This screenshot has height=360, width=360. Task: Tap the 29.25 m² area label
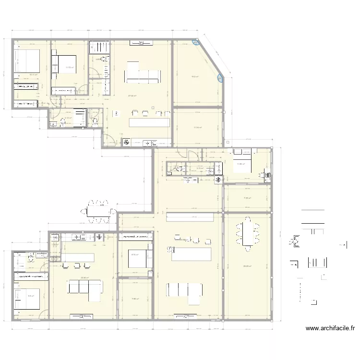(248, 266)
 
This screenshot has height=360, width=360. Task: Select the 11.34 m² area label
(197, 128)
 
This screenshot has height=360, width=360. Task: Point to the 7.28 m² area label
(248, 198)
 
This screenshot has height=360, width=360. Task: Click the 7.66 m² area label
(135, 299)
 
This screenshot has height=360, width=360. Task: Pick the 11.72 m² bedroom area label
(70, 68)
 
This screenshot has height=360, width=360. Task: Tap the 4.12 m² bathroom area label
(68, 118)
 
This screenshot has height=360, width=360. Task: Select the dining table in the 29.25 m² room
(248, 233)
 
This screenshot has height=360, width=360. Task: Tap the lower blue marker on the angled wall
(220, 77)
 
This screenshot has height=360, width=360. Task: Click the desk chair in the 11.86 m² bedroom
(262, 176)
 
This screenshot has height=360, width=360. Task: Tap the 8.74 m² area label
(135, 255)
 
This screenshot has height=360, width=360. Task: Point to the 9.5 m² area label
(30, 296)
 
